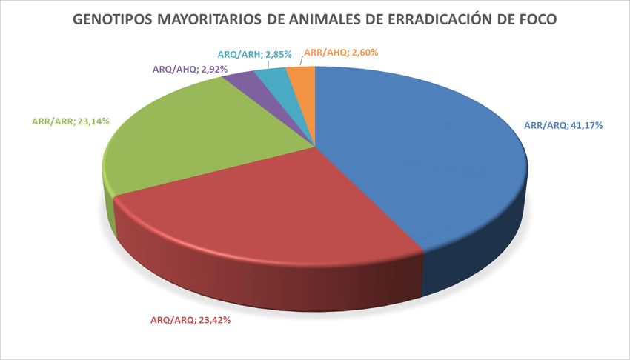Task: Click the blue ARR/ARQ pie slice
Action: tap(415, 148)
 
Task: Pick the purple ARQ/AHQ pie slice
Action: tap(239, 80)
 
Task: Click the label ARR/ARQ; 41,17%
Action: tap(563, 125)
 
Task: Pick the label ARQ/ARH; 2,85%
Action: tap(254, 53)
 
